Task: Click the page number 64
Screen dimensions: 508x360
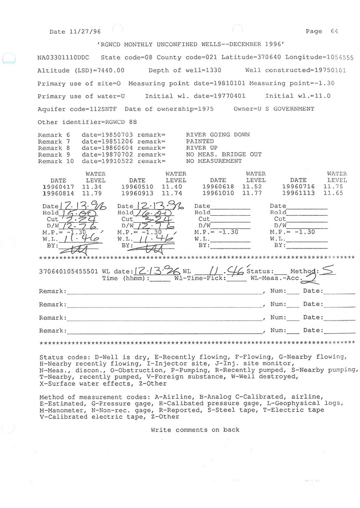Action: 334,31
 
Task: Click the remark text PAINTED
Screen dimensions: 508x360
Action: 200,141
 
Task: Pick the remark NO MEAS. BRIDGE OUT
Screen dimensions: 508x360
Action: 223,154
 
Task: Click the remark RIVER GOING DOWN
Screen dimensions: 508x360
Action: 217,135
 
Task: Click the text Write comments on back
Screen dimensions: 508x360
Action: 195,430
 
